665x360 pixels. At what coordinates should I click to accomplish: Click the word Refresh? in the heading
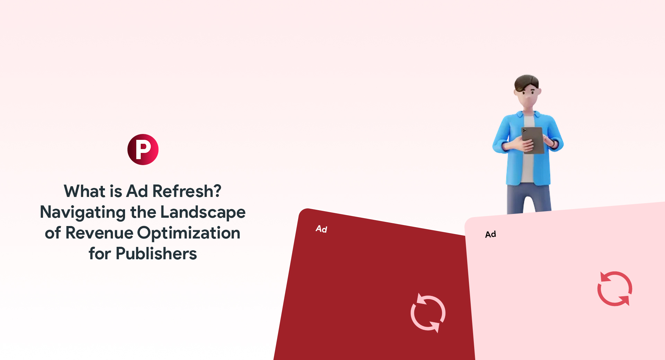[187, 191]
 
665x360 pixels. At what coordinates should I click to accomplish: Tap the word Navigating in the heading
[83, 212]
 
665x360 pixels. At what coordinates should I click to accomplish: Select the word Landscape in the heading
[203, 212]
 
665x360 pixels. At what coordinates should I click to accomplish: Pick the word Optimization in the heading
[189, 233]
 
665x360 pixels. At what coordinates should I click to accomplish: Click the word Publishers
[156, 254]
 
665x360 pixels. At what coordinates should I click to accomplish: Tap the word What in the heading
[85, 191]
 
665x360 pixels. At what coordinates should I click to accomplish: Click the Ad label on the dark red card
[321, 229]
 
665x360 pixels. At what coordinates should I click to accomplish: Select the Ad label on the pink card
[490, 234]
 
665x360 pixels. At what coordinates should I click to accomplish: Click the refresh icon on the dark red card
[428, 313]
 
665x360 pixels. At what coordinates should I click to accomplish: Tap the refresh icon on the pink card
[615, 289]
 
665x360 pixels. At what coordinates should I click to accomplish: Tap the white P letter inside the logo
[143, 149]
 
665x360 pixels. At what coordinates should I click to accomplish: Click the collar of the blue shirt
[520, 115]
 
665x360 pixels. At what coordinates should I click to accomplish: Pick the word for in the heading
[100, 254]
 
